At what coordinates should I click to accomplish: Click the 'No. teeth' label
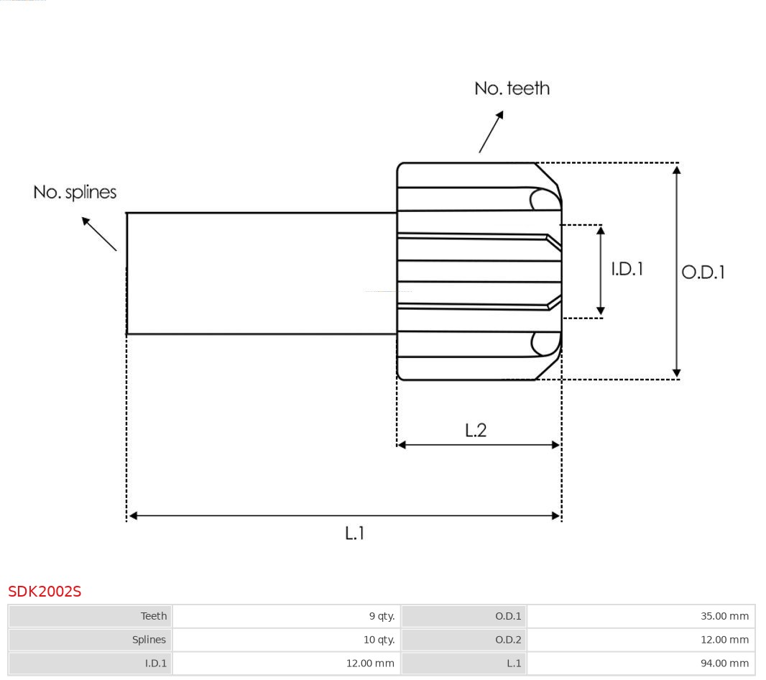click(512, 88)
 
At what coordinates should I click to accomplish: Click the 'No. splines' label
click(75, 193)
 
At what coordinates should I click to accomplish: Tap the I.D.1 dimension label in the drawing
click(627, 269)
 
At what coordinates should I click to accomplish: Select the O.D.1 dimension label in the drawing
click(703, 272)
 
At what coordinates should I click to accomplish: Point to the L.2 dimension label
click(476, 430)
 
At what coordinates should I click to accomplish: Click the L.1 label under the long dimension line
click(355, 533)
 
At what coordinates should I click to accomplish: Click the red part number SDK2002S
click(45, 592)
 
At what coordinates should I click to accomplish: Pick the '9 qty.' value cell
click(382, 616)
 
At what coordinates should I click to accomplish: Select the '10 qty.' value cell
click(379, 640)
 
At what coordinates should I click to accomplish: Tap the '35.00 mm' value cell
click(724, 616)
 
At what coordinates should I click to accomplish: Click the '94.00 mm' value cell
click(724, 663)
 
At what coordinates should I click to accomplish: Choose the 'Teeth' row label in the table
click(153, 616)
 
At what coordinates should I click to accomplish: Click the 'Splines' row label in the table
click(149, 640)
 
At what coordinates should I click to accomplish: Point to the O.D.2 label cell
click(508, 640)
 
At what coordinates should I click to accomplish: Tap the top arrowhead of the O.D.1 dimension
click(676, 170)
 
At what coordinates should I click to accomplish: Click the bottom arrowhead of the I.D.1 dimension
click(601, 311)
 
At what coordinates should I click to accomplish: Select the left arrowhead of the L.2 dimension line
click(402, 445)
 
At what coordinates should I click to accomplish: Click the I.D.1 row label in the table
click(155, 663)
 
